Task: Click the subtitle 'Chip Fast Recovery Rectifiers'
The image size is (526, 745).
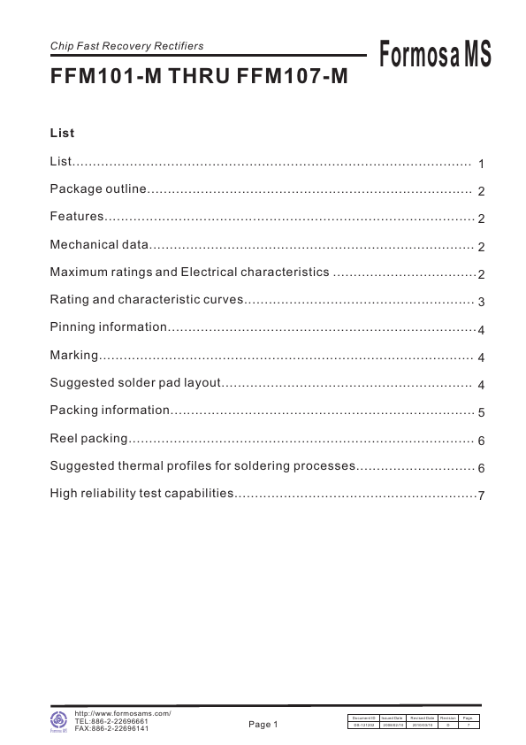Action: (126, 46)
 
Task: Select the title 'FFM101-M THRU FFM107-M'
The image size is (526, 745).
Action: (199, 77)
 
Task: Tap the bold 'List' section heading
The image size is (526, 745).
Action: (62, 134)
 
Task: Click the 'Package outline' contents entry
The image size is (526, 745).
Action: (96, 190)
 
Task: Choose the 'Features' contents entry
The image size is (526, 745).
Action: (77, 218)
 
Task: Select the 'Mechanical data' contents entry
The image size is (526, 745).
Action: (100, 245)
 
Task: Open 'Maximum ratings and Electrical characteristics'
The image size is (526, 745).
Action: (189, 273)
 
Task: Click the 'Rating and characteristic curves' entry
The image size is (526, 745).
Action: (146, 300)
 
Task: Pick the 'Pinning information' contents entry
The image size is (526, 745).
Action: (108, 328)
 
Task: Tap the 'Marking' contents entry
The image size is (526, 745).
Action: (73, 356)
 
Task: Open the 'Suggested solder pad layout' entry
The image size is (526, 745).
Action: (133, 383)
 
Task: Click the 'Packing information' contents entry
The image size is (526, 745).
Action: (110, 411)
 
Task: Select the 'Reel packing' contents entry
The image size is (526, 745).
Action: (89, 439)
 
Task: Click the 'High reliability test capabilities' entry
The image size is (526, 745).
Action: (141, 494)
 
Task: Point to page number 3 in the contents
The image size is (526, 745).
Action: (481, 302)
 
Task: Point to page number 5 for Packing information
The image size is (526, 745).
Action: (481, 412)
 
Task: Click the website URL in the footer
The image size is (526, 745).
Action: (123, 713)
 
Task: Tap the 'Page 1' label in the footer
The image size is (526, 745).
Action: (263, 725)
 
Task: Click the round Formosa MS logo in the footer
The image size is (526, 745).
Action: (59, 720)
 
